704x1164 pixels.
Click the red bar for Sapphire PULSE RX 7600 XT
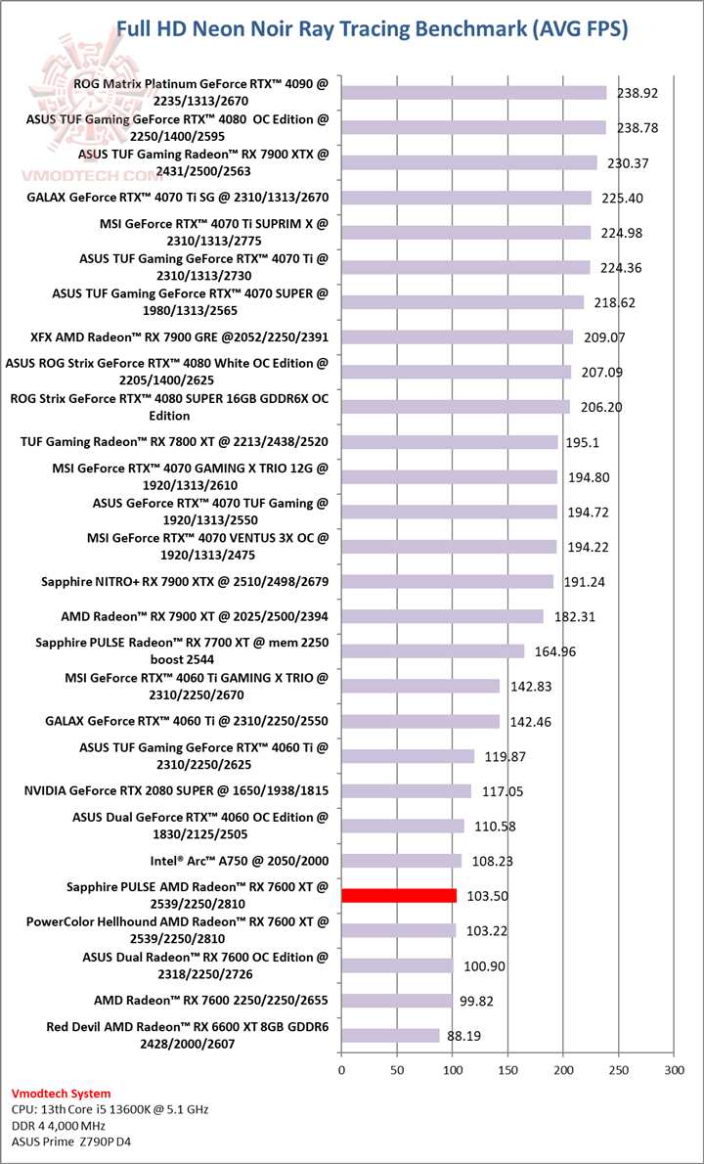pos(399,895)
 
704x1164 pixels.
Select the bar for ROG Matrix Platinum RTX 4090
pos(473,93)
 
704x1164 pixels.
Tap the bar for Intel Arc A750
pos(401,861)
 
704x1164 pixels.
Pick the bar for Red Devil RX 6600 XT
pos(390,1035)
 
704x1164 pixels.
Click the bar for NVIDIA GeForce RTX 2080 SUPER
pos(406,790)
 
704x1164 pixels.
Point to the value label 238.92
pos(638,94)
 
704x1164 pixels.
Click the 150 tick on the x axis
pos(507,1071)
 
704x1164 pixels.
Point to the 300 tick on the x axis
pos(674,1071)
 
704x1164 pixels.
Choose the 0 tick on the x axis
pos(341,1071)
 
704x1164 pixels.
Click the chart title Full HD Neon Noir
pos(373,29)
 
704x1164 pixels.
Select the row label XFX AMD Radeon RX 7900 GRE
pos(179,337)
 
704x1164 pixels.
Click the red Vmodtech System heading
pos(61,1094)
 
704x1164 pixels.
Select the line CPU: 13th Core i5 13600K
pos(110,1109)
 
